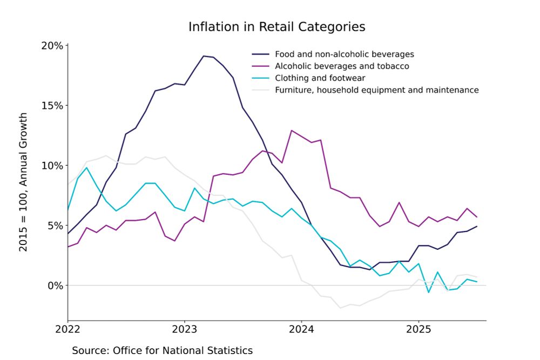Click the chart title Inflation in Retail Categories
pyautogui.click(x=276, y=27)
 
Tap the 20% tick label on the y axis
pyautogui.click(x=52, y=45)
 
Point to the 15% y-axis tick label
pyautogui.click(x=52, y=105)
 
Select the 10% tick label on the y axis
pyautogui.click(x=52, y=165)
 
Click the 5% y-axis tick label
pyautogui.click(x=55, y=225)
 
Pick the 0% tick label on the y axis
pyautogui.click(x=55, y=285)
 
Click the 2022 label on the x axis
pyautogui.click(x=67, y=329)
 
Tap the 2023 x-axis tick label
pyautogui.click(x=184, y=329)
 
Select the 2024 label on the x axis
pyautogui.click(x=301, y=329)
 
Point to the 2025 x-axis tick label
pyautogui.click(x=418, y=329)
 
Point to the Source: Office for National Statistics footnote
pyautogui.click(x=162, y=350)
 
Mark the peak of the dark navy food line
pyautogui.click(x=204, y=56)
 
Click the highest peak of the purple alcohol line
pyautogui.click(x=292, y=131)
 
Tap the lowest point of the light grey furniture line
pyautogui.click(x=340, y=308)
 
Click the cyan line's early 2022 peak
pyautogui.click(x=87, y=168)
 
